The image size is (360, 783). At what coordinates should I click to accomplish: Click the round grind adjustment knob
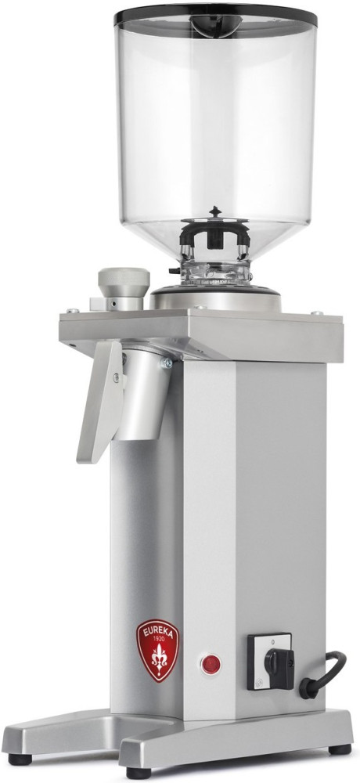point(124,282)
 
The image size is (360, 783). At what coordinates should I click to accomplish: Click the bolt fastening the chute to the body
point(166,363)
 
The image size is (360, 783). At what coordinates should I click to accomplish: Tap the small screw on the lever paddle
point(117,377)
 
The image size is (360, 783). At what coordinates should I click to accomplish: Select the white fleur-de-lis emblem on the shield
point(159,659)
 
